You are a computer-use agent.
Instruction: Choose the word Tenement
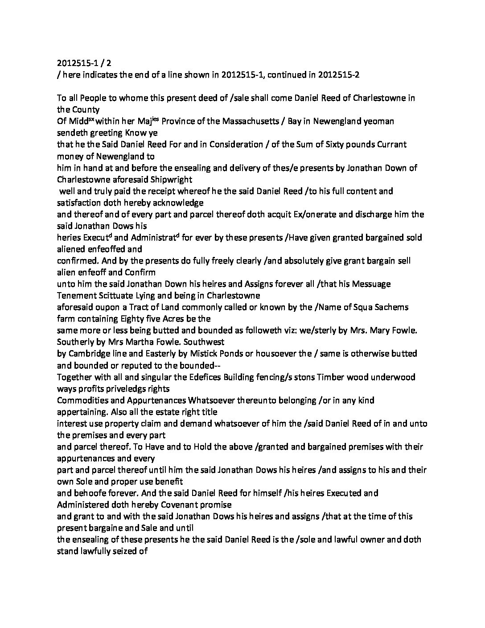pyautogui.click(x=76, y=296)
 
